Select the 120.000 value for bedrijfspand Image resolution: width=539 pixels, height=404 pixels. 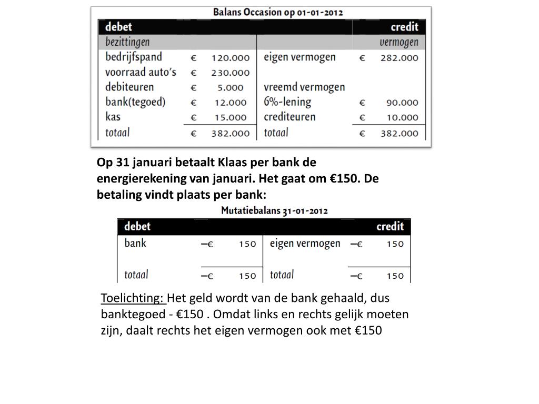pos(230,57)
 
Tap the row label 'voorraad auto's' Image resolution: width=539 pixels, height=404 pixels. pos(141,72)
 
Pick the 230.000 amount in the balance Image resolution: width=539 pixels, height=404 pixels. pos(230,73)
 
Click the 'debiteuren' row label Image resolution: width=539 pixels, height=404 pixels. pos(129,87)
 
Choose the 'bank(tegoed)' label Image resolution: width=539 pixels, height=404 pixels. pos(135,102)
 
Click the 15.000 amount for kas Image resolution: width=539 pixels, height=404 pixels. pos(232,118)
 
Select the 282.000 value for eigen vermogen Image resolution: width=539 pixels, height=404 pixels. pos(400,58)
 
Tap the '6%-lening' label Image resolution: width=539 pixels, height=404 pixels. pos(287,102)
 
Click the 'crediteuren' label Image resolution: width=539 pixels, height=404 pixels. pos(290,117)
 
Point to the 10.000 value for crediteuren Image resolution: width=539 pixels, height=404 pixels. pos(401,118)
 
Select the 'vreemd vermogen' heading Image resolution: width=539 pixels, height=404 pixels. pos(304,87)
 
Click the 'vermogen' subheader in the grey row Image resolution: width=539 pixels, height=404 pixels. pos(399,42)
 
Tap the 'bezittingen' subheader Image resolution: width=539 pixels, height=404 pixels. pos(127,42)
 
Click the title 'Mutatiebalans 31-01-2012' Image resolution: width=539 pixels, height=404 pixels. pos(274,211)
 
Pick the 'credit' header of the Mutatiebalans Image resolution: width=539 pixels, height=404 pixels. pos(390,227)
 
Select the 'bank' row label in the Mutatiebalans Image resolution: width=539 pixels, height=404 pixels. pos(135,243)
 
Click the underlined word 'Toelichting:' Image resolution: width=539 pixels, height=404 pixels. pos(133,298)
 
